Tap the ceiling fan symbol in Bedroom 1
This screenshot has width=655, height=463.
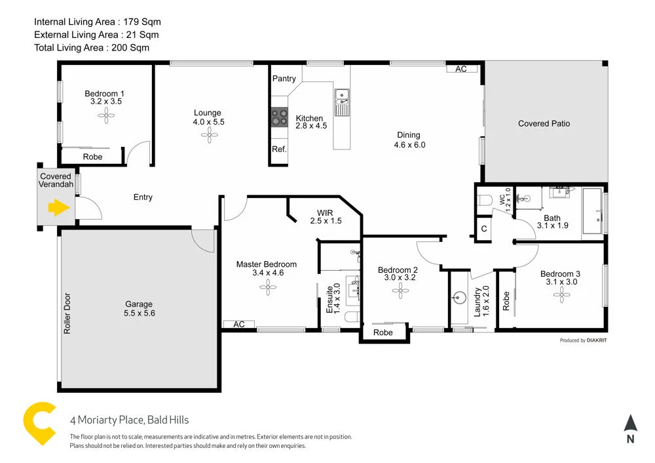click(106, 115)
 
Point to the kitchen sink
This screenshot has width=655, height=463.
click(341, 98)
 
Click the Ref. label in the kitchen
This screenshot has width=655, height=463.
click(280, 149)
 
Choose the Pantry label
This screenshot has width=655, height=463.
click(284, 79)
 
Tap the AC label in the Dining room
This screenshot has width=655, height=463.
click(461, 69)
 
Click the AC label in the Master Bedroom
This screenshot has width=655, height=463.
click(238, 324)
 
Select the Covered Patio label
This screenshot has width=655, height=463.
click(544, 123)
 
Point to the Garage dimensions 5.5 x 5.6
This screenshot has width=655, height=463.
click(139, 313)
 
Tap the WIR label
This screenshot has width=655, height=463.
click(326, 213)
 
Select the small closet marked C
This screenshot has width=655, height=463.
click(483, 230)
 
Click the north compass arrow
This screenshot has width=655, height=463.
click(630, 424)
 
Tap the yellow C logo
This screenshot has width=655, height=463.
click(39, 423)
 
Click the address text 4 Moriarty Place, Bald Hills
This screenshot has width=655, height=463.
click(129, 420)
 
